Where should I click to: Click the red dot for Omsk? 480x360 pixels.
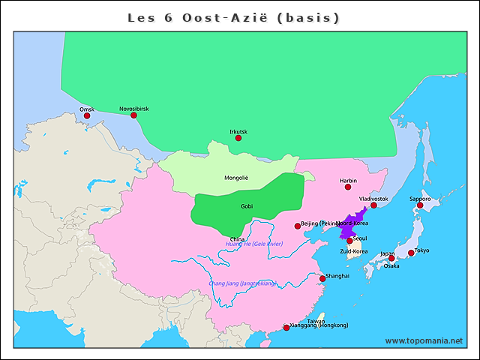point(87,115)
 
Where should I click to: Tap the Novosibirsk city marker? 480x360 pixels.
point(133,115)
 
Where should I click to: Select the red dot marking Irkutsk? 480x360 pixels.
point(238,137)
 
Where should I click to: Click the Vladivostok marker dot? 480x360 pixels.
point(373,205)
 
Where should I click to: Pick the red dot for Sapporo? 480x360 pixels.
point(420,205)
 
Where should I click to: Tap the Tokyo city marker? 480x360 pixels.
point(411,253)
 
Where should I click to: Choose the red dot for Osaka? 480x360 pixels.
point(391,259)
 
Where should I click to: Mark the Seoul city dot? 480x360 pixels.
point(349,241)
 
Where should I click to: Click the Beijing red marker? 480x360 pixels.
point(298,225)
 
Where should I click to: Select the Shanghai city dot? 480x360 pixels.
point(322,278)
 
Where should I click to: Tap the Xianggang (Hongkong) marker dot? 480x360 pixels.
point(286,327)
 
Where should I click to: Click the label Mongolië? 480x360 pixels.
point(235,178)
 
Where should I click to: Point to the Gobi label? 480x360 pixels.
point(247,205)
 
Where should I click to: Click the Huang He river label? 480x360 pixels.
point(253,244)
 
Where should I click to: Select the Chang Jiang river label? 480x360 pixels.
point(242,283)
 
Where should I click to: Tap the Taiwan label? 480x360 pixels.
point(316,321)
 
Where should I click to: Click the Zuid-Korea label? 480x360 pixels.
point(353,251)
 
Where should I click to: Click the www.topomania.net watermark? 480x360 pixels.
point(424,340)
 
